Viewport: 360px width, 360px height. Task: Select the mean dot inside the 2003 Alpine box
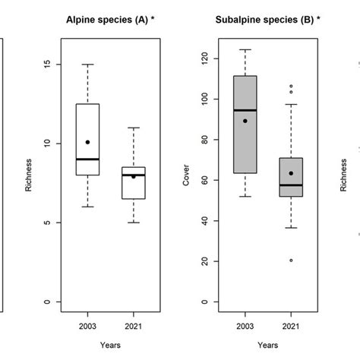(87, 142)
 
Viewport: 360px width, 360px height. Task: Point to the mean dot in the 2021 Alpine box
(134, 176)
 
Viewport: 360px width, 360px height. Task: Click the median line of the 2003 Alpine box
(87, 159)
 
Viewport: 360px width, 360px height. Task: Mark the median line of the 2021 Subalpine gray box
(291, 185)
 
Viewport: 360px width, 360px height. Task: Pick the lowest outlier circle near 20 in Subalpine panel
(291, 260)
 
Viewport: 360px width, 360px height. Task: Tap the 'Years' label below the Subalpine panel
(267, 344)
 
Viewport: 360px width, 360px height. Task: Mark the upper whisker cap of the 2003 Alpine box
(87, 65)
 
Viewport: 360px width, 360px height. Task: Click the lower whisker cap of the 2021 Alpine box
(134, 223)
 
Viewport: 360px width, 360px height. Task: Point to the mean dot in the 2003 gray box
(245, 121)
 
